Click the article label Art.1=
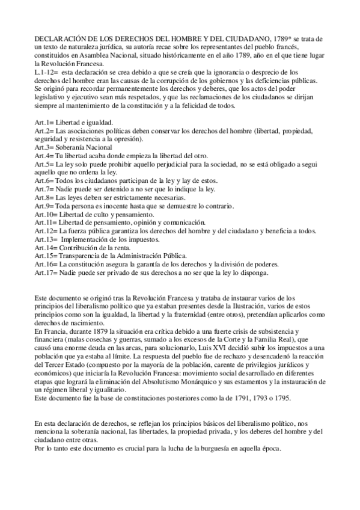[x=44, y=122]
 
